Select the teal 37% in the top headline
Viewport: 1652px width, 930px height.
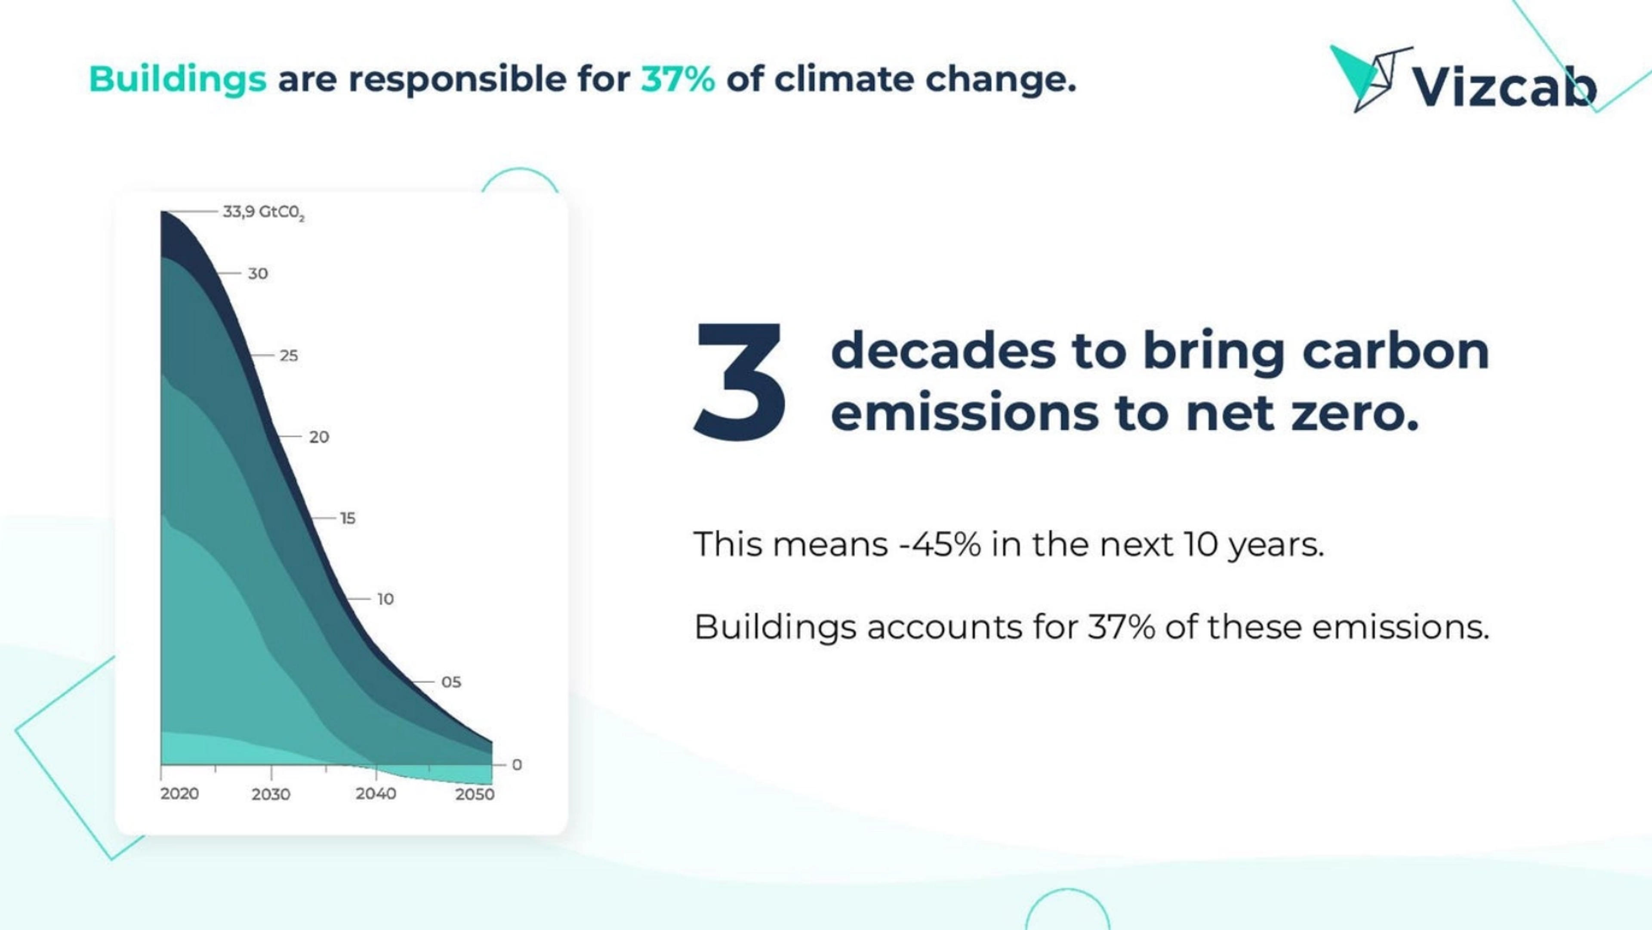click(678, 80)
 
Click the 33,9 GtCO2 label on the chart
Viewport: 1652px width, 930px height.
click(263, 212)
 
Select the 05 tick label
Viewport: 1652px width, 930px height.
click(451, 682)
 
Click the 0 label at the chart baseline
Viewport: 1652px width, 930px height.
click(517, 764)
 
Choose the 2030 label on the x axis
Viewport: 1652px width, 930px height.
click(271, 794)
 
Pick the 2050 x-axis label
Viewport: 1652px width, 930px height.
click(475, 794)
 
